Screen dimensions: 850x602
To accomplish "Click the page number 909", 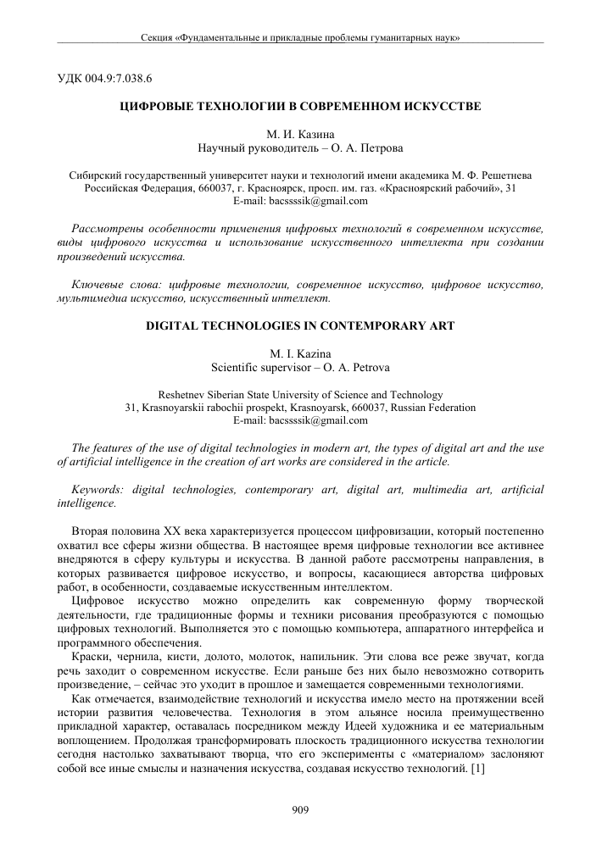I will click(300, 810).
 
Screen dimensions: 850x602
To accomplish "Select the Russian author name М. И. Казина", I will click(300, 135).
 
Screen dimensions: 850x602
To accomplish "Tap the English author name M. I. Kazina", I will click(300, 353).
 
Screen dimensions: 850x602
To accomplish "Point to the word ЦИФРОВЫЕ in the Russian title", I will click(159, 107).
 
